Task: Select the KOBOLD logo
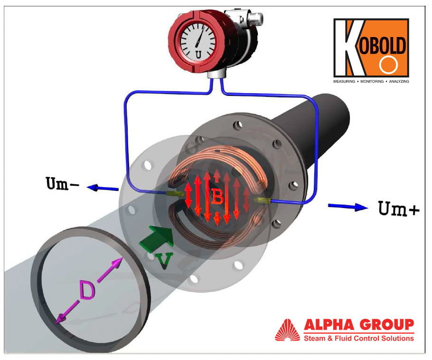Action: coord(371,48)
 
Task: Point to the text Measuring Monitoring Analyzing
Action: coord(371,82)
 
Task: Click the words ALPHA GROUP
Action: coord(358,325)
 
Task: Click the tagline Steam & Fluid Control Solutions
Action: coord(358,338)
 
